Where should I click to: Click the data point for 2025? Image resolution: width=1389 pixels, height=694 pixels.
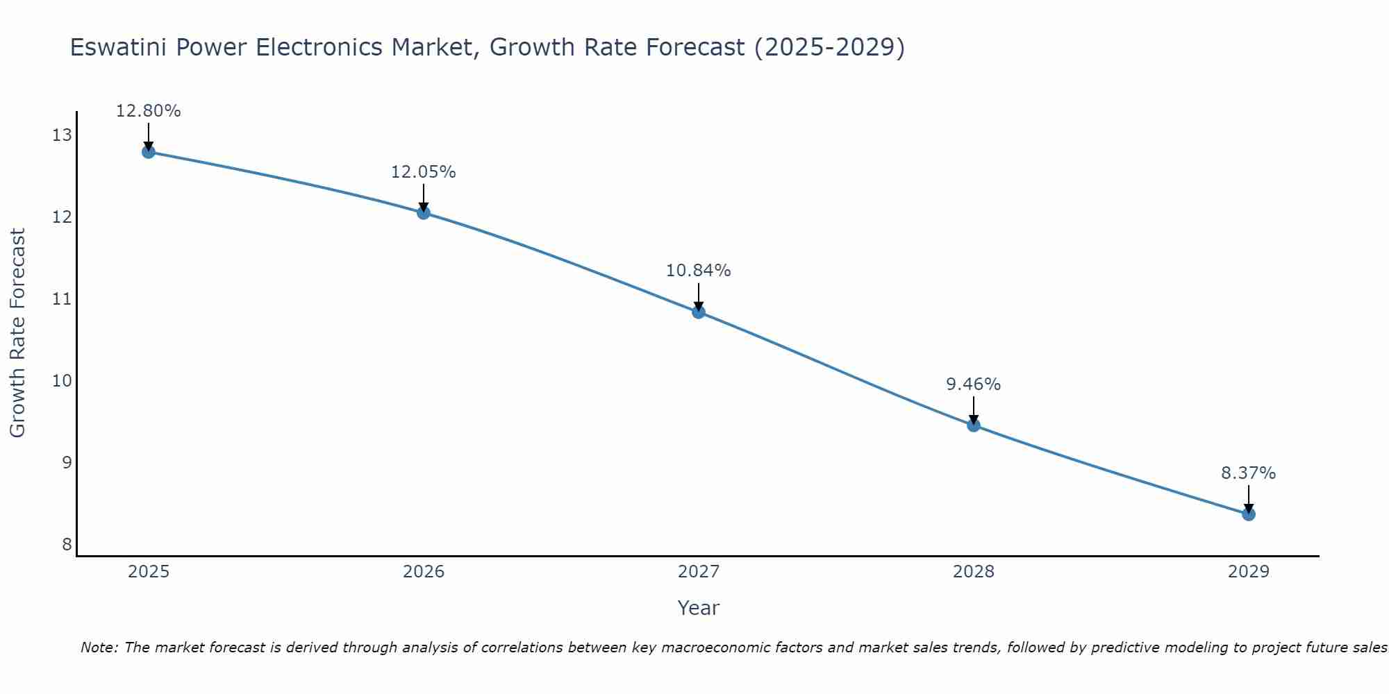[x=148, y=151]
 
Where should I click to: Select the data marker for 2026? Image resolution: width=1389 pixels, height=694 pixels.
[x=424, y=212]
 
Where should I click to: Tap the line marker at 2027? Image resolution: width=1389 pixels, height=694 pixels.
[x=699, y=312]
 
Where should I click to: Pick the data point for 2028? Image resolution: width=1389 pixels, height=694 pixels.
[x=974, y=425]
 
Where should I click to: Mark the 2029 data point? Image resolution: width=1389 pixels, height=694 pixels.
[x=1249, y=514]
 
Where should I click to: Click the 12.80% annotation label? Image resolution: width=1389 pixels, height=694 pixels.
[x=148, y=111]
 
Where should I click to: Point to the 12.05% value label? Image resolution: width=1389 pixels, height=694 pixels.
[x=424, y=172]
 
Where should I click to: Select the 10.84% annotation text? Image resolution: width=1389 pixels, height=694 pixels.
[x=699, y=271]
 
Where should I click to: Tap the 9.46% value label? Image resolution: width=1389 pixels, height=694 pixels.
[x=974, y=384]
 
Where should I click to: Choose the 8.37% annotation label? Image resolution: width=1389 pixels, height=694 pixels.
[x=1249, y=473]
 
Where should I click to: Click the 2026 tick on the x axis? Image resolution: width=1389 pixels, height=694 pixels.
[x=424, y=572]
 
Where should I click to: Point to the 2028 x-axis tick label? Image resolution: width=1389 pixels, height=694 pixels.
[x=974, y=572]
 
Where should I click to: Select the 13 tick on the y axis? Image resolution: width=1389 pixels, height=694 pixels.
[x=62, y=135]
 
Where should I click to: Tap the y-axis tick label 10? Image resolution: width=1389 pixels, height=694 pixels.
[x=62, y=381]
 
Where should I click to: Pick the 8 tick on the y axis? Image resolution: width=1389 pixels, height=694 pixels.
[x=67, y=544]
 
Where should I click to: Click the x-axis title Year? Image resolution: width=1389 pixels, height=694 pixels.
[x=699, y=608]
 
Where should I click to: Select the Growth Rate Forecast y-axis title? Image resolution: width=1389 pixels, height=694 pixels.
[x=18, y=333]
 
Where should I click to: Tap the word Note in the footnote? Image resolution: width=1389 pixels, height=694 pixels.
[x=99, y=648]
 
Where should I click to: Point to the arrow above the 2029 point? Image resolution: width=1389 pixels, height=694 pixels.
[x=1249, y=499]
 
